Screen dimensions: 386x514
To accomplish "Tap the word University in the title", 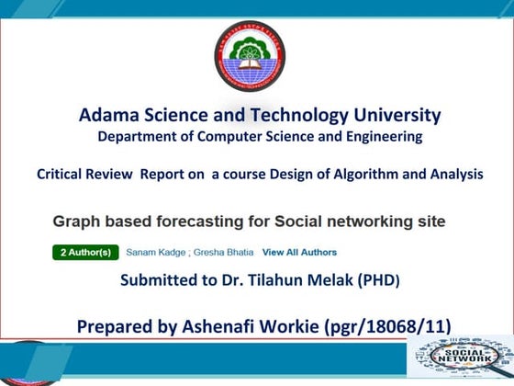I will tap(393, 116).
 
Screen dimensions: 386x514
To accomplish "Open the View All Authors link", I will tap(299, 252).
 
